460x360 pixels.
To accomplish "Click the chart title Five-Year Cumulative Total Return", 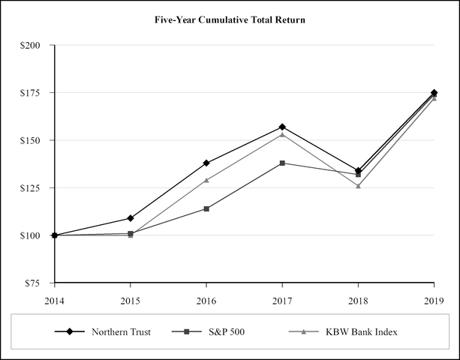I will click(x=230, y=19).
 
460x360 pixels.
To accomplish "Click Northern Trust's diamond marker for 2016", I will click(x=206, y=163).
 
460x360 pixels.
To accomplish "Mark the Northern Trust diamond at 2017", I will click(x=282, y=127).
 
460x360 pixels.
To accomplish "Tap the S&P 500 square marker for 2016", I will click(x=206, y=208).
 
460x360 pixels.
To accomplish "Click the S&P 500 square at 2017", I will click(x=282, y=163).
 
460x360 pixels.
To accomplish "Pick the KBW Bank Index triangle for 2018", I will click(x=358, y=185).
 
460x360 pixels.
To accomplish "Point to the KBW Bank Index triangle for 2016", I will click(x=206, y=180).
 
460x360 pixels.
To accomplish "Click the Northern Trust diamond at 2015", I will click(x=131, y=218).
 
